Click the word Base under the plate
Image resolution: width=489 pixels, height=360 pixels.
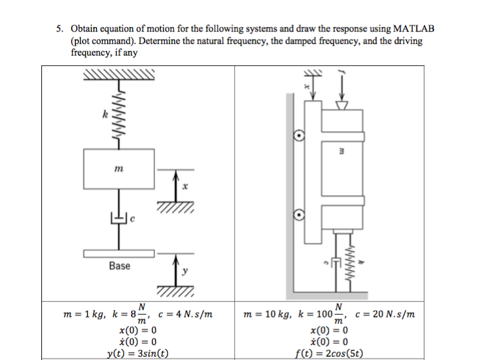tap(119, 265)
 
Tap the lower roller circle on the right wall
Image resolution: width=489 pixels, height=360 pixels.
tap(299, 215)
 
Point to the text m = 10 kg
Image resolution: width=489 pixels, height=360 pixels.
tap(266, 315)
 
